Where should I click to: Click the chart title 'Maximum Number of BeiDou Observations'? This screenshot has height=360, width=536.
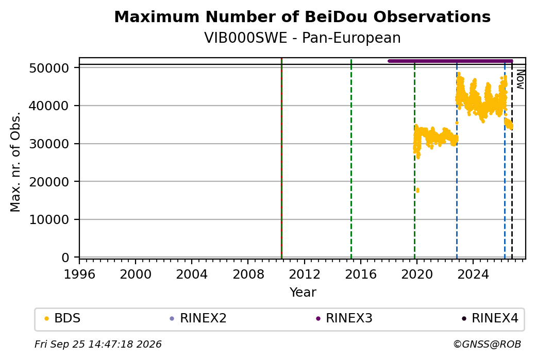coord(302,16)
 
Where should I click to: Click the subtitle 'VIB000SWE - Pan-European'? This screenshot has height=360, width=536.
coord(302,38)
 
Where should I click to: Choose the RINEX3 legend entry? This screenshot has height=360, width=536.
coord(344,318)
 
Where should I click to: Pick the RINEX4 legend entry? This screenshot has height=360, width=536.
coord(490,318)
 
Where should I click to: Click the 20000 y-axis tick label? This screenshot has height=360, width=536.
coord(49,182)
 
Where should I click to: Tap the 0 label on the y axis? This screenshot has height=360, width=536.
coord(65,258)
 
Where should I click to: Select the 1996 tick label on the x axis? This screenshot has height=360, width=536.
coord(79,274)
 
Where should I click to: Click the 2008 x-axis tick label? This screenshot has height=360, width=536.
coord(248,274)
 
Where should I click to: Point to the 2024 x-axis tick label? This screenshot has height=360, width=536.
coord(473,274)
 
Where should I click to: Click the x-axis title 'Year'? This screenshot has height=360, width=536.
coord(303,293)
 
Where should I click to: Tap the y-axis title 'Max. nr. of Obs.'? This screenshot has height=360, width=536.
coord(15,162)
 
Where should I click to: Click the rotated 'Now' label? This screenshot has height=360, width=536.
coord(520,79)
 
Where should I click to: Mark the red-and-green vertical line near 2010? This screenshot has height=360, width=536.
coord(281,158)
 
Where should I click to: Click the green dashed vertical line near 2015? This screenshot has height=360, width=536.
coord(351,158)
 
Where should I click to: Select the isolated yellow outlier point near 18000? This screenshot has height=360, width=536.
coord(417,190)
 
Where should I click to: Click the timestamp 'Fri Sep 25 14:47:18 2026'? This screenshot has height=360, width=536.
coord(98,344)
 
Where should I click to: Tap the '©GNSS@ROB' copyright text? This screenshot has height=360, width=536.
coord(487,344)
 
